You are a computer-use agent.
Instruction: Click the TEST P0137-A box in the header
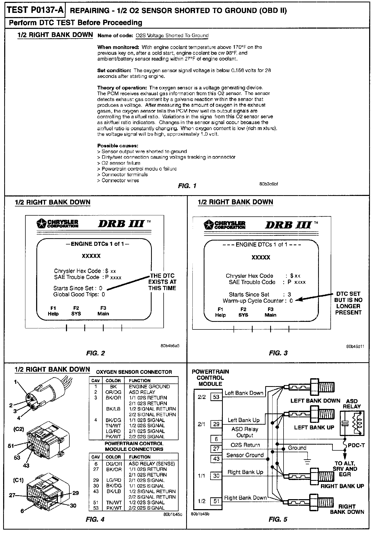[35, 10]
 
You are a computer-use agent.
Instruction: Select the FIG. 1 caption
[187, 186]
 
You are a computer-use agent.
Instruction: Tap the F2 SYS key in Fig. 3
[243, 312]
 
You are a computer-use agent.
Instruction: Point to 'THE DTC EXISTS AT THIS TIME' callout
[162, 282]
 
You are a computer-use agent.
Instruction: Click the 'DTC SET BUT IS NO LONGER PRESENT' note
[348, 303]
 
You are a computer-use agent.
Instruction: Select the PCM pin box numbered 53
[216, 397]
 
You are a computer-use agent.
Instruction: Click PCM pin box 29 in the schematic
[216, 424]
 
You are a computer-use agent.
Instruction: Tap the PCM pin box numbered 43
[216, 459]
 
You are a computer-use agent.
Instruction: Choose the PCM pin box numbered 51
[216, 501]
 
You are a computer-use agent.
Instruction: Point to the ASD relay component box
[352, 424]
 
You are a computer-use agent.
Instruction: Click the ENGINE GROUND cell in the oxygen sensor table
[149, 387]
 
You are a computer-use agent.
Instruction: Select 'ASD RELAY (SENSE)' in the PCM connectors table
[152, 463]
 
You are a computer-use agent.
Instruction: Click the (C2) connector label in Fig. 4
[19, 429]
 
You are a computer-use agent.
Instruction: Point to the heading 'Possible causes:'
[118, 146]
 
